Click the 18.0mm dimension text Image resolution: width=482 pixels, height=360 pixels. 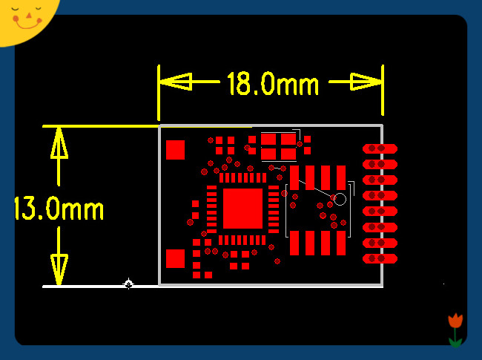click(x=272, y=83)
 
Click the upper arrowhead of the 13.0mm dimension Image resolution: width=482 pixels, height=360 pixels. click(x=59, y=144)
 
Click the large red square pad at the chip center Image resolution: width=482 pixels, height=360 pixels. click(x=242, y=208)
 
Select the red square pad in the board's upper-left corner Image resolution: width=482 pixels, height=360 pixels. click(x=175, y=150)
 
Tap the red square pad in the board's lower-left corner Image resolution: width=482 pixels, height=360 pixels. click(x=175, y=258)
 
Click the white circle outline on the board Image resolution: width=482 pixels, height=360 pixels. click(x=340, y=199)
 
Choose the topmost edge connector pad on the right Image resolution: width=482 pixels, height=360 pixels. click(x=380, y=148)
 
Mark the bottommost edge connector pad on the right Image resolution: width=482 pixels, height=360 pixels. click(x=380, y=258)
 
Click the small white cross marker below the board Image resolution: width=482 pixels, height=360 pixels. click(x=128, y=284)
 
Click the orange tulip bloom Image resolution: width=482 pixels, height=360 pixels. click(x=455, y=321)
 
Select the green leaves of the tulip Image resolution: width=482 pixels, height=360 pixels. click(x=455, y=341)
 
